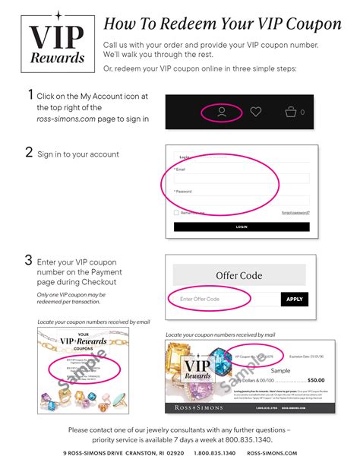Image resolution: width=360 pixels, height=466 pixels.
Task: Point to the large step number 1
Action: [x=30, y=95]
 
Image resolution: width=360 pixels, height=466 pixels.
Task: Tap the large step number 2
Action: [x=30, y=152]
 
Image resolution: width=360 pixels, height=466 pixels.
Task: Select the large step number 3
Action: [x=29, y=260]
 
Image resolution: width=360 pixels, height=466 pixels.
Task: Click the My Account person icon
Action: [x=221, y=112]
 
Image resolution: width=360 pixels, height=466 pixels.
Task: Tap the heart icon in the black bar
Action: [x=256, y=112]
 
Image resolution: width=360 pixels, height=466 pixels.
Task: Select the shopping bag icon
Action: [x=291, y=112]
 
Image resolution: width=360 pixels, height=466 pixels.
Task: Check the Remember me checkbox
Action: [x=177, y=213]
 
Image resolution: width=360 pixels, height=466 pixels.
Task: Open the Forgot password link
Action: [x=295, y=213]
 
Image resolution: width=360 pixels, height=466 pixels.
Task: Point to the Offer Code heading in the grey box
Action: [x=239, y=275]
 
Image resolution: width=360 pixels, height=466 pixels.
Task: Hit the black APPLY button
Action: [x=294, y=300]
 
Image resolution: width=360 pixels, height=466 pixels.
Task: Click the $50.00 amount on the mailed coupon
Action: [x=316, y=379]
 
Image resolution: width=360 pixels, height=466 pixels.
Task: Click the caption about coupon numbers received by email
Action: [x=94, y=322]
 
